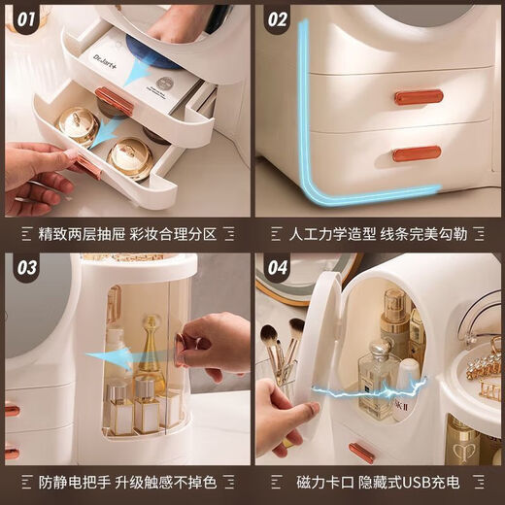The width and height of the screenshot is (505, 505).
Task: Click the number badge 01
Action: [x=25, y=17]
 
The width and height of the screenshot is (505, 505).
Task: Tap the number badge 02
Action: [x=278, y=17]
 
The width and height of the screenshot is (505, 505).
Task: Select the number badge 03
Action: [x=25, y=269]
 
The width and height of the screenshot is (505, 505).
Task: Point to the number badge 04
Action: [x=278, y=269]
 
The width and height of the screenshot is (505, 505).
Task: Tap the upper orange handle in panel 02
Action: [x=419, y=97]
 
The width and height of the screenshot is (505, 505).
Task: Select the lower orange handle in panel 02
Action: [x=417, y=153]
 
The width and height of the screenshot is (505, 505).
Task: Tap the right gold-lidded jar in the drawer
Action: [x=130, y=157]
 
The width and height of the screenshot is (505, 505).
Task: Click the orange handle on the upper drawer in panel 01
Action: [x=114, y=101]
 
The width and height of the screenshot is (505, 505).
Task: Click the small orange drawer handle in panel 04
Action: [x=361, y=452]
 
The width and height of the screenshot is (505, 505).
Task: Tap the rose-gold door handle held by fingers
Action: [x=180, y=350]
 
